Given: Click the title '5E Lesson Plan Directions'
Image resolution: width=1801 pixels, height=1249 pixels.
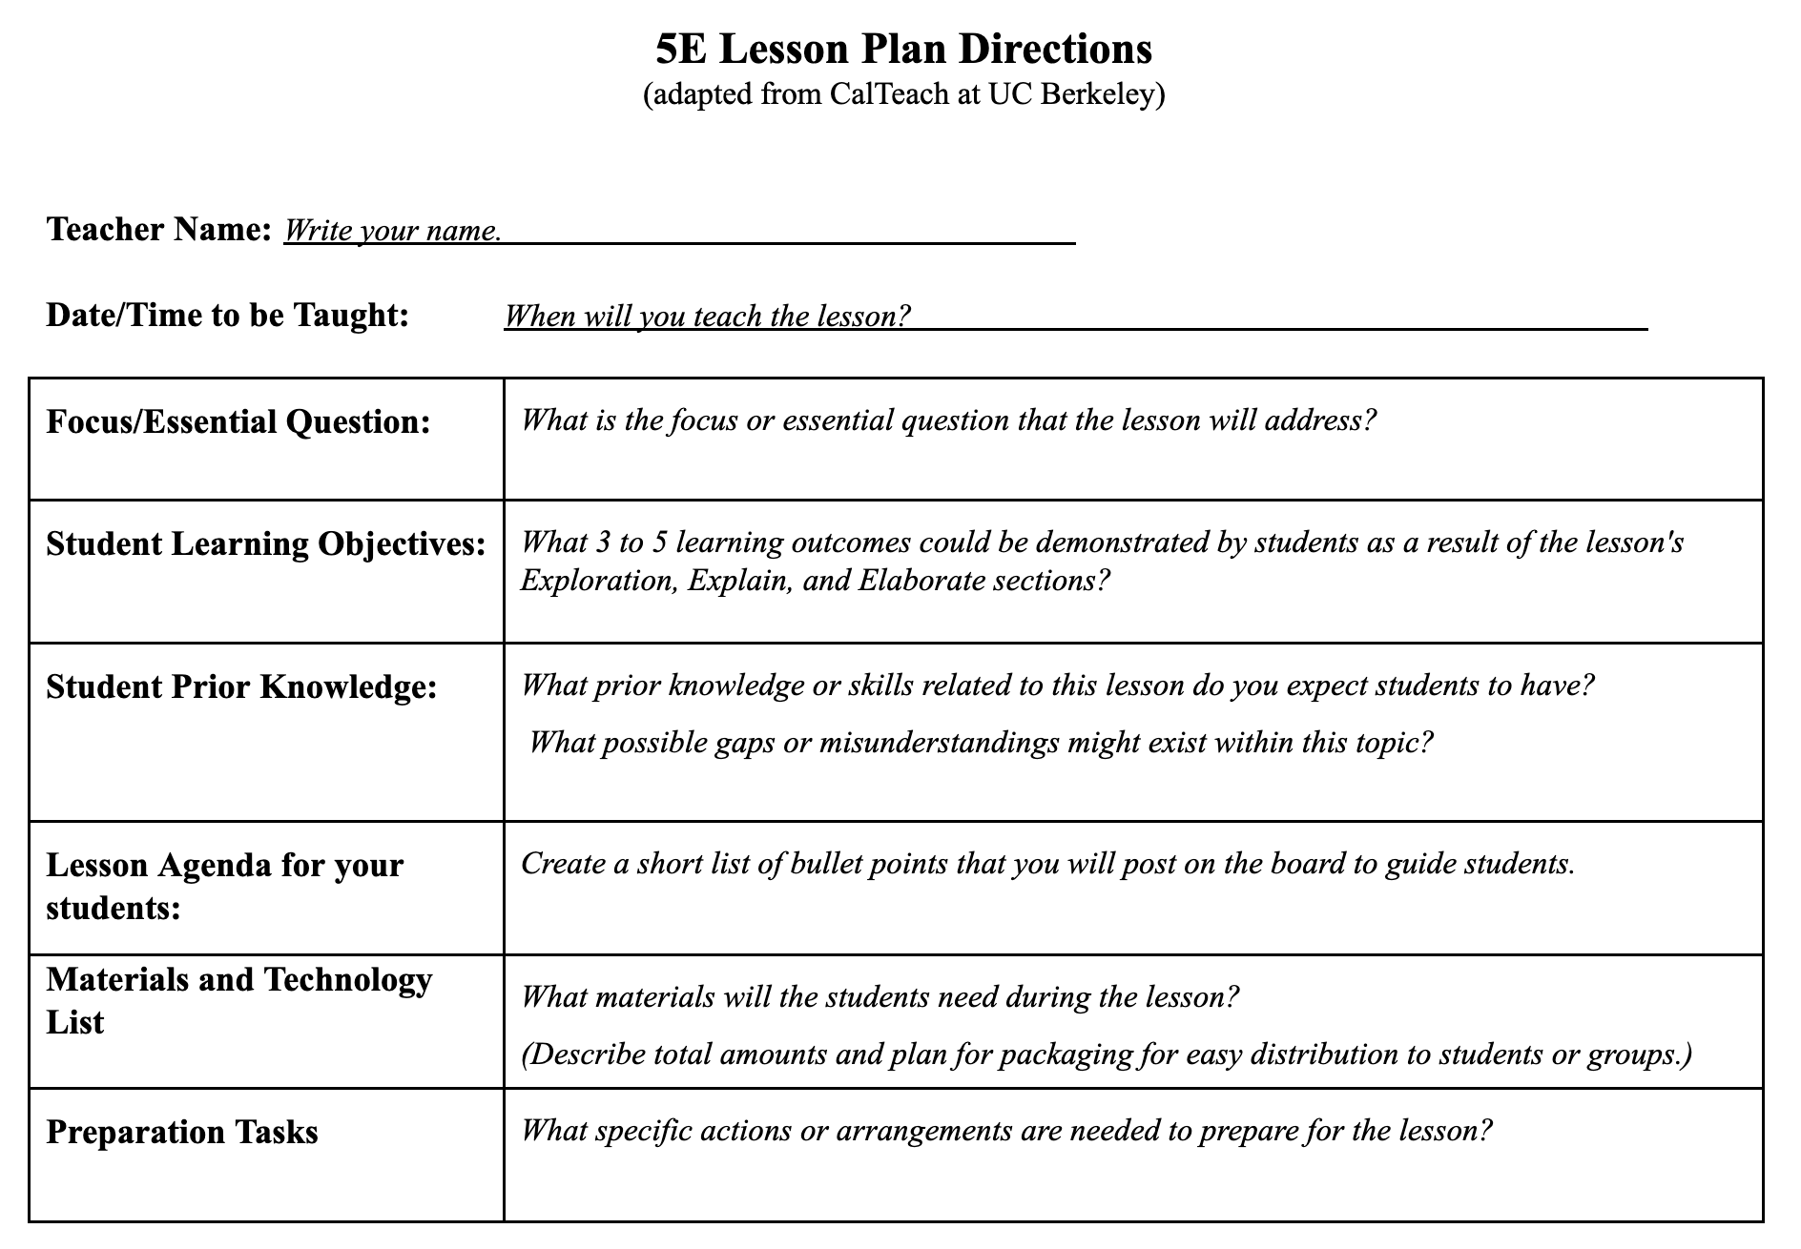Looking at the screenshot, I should point(903,49).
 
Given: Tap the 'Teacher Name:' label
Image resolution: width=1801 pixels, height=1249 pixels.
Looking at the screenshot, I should point(159,229).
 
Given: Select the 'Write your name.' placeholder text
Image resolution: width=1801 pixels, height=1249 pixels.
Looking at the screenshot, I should point(392,231).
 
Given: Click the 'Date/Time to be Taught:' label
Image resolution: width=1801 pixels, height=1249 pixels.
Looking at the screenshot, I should point(227,315).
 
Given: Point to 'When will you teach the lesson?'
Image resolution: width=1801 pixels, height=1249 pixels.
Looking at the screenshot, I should point(707,316).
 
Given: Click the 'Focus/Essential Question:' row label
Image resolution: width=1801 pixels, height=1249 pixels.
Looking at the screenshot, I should point(238,421).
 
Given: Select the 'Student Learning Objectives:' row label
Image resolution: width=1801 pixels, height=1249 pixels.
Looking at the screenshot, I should point(266,543).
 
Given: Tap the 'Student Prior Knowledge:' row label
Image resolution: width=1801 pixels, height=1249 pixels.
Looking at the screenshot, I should point(241,686).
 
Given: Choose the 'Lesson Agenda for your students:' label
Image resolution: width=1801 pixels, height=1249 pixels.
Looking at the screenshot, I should point(224,886).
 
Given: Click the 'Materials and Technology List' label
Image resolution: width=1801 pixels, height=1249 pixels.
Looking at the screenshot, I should point(238,1000).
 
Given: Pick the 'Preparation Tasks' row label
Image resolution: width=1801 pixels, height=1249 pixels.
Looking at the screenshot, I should point(182,1132).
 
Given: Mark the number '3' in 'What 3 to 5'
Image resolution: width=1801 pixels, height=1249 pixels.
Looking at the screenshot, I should point(602,543).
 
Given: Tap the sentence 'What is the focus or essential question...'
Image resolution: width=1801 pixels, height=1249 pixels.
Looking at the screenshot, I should point(948,420).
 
